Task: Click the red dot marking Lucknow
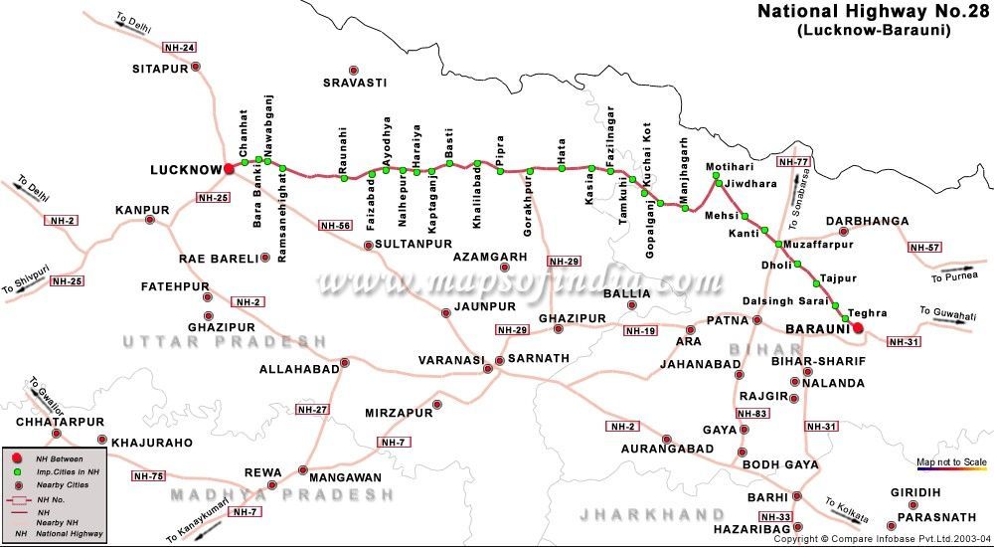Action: (x=229, y=169)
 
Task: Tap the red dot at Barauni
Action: (x=859, y=328)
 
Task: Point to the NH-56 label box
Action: (x=336, y=226)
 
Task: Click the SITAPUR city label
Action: (x=160, y=69)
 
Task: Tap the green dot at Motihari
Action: (x=715, y=178)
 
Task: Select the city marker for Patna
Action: (x=757, y=320)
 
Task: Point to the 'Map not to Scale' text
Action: (x=951, y=462)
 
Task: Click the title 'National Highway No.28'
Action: (x=872, y=12)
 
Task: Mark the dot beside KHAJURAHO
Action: (x=101, y=440)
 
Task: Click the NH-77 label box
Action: (x=794, y=161)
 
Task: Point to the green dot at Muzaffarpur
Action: (x=778, y=243)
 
